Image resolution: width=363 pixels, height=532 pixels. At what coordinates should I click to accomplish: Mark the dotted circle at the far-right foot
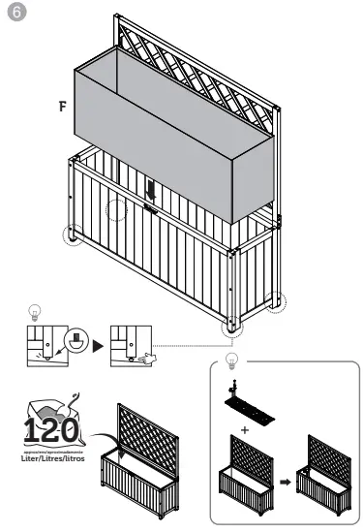tap(277, 301)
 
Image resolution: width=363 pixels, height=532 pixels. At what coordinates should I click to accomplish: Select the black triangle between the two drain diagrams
tap(97, 345)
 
